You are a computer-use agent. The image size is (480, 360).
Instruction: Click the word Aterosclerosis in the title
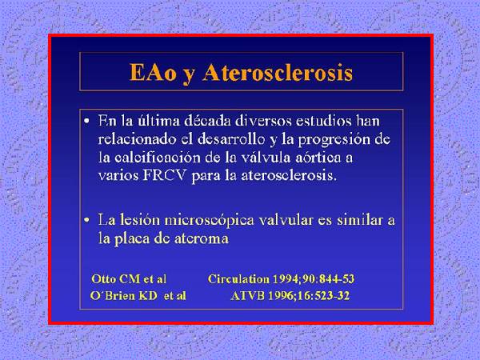[278, 73]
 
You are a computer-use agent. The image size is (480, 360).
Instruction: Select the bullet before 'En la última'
[87, 122]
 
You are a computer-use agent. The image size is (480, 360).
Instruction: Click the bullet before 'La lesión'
[87, 221]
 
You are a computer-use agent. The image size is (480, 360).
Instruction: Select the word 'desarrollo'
[231, 139]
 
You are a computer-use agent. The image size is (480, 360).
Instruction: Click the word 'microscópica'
[209, 221]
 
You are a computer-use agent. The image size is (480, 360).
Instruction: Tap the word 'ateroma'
[202, 238]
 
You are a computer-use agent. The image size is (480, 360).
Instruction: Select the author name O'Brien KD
[124, 296]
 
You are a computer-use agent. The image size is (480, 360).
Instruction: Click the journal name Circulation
[238, 279]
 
